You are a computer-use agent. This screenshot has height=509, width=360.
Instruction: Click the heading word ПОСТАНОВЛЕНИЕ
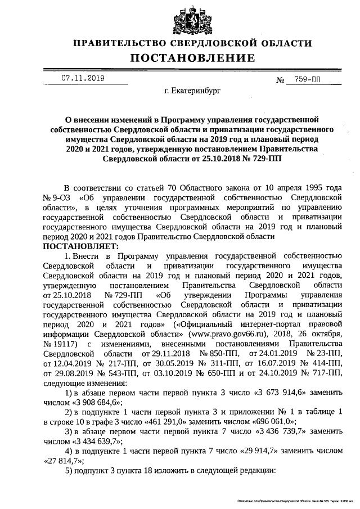(192, 58)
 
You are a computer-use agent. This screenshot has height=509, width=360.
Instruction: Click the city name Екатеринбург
(192, 90)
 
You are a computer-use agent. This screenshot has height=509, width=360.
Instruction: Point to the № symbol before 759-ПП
(280, 80)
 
